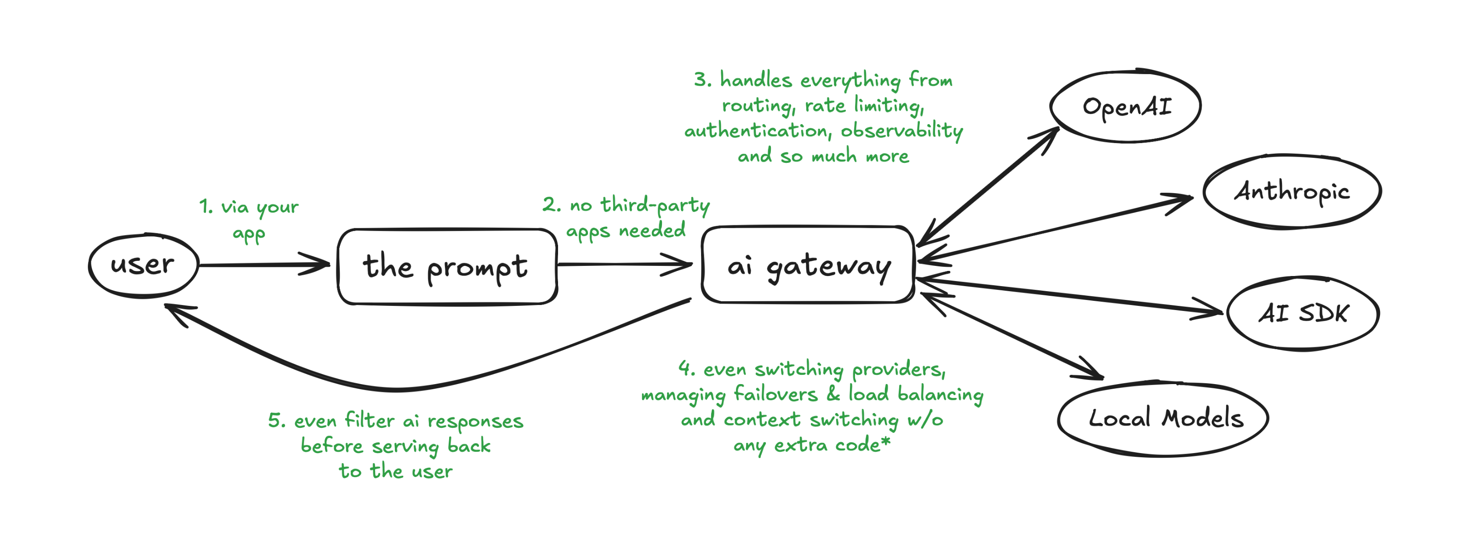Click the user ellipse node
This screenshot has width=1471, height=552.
143,265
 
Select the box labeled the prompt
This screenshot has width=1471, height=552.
446,266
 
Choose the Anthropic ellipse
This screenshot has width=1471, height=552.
1292,191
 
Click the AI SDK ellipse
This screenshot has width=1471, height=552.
1303,313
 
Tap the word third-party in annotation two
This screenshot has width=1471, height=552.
655,205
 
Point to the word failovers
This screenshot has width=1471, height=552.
775,394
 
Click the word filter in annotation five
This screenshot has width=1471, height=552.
370,421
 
